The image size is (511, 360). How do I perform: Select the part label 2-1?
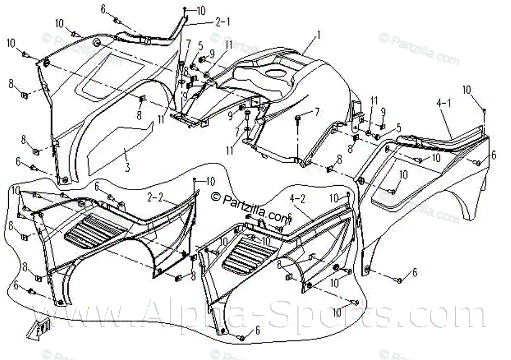pyautogui.click(x=222, y=22)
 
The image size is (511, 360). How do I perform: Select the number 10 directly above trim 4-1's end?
pyautogui.click(x=467, y=89)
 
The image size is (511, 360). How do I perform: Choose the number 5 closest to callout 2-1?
pyautogui.click(x=200, y=45)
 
